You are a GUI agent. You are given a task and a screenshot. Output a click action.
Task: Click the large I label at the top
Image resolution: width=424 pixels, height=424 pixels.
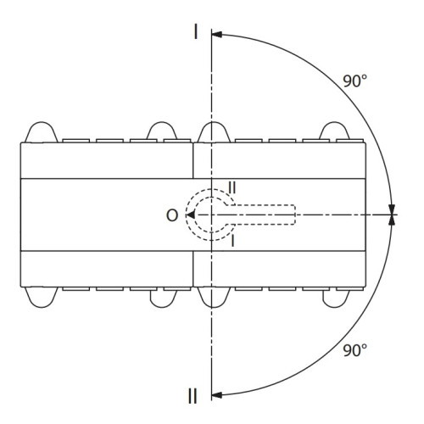[196, 31]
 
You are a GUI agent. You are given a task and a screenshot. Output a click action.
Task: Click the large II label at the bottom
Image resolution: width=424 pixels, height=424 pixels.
[192, 396]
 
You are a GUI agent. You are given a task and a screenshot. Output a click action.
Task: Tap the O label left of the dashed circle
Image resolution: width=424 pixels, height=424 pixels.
[172, 215]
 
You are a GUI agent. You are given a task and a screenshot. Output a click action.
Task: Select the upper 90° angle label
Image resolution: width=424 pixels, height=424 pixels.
[354, 81]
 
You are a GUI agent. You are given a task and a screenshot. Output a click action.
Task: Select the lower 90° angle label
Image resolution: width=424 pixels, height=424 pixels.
[354, 350]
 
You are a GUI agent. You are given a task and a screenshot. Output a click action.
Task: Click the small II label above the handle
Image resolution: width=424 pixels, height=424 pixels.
[232, 187]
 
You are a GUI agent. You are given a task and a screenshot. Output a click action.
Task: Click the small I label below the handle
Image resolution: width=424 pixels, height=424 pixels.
[232, 241]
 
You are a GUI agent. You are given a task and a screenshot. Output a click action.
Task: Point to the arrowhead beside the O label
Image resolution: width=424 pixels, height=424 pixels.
[191, 215]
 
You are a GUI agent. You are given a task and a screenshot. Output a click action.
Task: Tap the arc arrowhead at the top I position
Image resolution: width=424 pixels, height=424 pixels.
[216, 35]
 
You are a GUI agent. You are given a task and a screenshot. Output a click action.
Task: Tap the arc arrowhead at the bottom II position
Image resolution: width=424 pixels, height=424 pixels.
[216, 395]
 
